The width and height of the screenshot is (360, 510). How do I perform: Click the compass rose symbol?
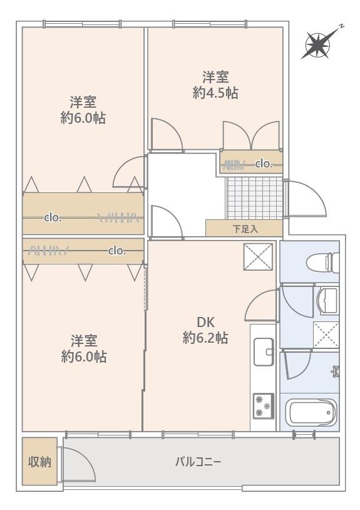[319, 45]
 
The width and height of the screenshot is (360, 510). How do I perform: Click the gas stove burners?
[264, 406]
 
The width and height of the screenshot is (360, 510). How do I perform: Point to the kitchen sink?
[264, 352]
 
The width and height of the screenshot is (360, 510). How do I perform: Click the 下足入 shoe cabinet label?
[245, 229]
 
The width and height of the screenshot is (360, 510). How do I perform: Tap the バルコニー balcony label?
[198, 462]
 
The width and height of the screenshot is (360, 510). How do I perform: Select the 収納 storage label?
[39, 462]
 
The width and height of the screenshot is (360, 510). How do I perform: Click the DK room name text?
[206, 322]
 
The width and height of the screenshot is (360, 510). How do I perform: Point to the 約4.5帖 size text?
[215, 93]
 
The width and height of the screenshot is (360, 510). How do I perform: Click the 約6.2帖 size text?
[205, 338]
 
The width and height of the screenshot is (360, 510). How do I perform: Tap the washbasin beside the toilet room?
[328, 301]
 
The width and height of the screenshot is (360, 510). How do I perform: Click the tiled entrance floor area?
[254, 198]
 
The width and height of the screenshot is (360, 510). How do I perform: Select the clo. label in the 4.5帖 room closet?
[264, 164]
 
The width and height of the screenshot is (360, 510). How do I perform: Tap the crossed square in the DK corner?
[259, 257]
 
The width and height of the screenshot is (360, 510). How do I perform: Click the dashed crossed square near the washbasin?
[326, 335]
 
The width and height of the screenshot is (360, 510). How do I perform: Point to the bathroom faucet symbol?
[336, 371]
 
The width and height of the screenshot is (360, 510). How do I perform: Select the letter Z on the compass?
[341, 26]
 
